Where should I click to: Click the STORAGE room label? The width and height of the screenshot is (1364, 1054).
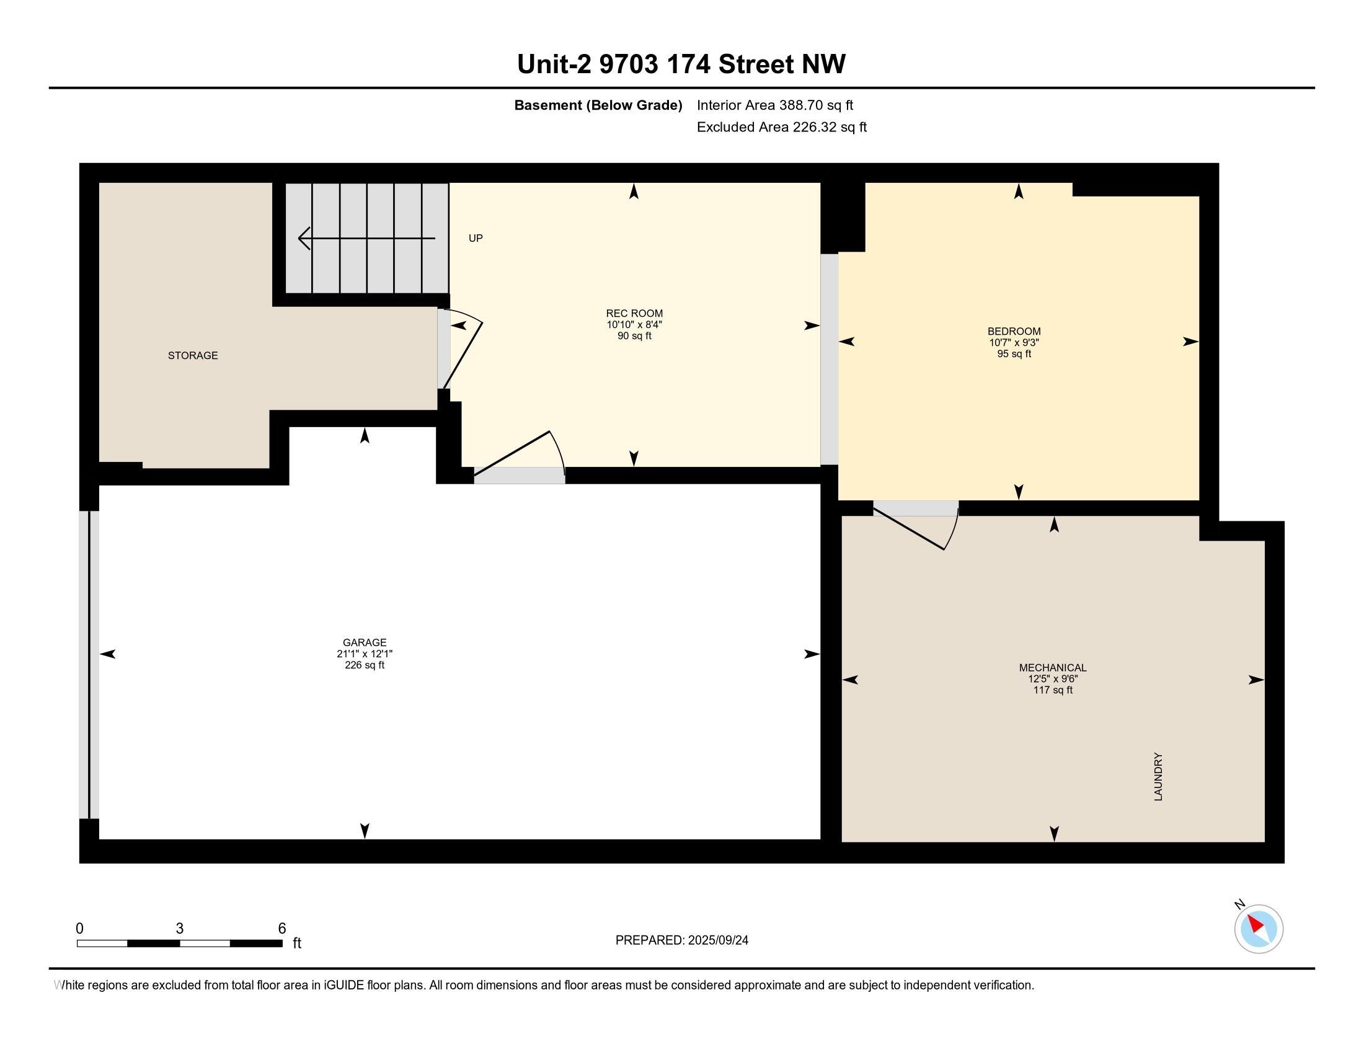193,355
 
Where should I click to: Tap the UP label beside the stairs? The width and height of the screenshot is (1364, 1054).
476,238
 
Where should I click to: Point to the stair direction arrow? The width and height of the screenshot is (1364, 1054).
366,238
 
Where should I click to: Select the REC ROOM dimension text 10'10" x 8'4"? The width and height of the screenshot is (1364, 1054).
634,325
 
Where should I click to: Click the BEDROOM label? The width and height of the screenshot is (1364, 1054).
1014,332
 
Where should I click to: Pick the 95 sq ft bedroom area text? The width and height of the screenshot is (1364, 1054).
1014,354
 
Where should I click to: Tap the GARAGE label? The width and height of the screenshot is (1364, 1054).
365,642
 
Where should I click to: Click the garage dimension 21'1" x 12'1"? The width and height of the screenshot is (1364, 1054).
365,653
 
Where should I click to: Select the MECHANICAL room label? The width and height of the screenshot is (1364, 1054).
1053,668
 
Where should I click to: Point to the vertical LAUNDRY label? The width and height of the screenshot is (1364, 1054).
1158,777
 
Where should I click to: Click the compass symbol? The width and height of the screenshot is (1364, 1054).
1259,929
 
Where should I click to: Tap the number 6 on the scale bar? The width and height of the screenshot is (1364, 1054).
281,929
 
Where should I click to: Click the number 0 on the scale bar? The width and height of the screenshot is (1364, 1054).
79,929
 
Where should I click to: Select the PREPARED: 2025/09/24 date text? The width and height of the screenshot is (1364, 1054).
682,941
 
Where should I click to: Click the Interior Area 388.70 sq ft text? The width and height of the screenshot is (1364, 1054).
775,105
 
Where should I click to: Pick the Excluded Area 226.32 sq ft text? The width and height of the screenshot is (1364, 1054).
782,127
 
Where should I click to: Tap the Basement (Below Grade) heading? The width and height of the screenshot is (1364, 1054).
598,105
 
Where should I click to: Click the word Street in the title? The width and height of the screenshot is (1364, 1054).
756,64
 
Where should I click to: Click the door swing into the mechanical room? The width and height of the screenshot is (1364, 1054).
916,529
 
